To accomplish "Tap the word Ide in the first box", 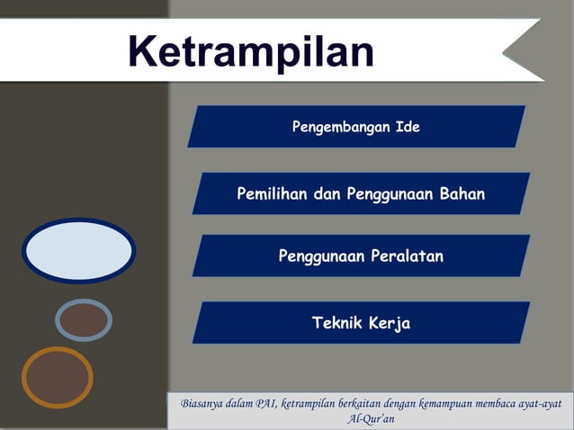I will pyautogui.click(x=408, y=127).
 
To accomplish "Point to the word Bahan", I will pyautogui.click(x=462, y=194).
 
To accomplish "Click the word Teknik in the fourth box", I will pyautogui.click(x=336, y=323).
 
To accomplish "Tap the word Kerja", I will pyautogui.click(x=389, y=323).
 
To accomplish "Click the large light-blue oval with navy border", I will pyautogui.click(x=78, y=251).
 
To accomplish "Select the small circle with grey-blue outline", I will pyautogui.click(x=84, y=319).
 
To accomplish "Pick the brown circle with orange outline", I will pyautogui.click(x=58, y=377).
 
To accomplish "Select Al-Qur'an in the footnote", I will pyautogui.click(x=371, y=419).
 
